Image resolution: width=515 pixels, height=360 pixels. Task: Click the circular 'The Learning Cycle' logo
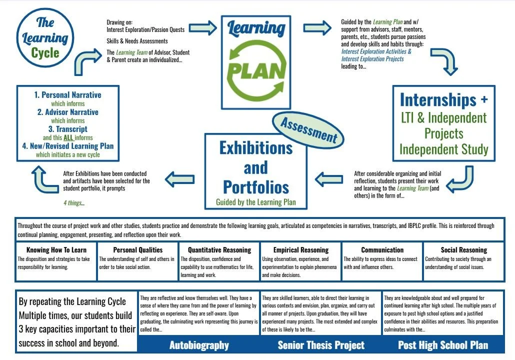click(45, 38)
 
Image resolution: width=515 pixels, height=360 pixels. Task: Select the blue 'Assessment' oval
click(308, 129)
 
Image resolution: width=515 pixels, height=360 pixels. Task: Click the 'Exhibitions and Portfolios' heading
click(256, 167)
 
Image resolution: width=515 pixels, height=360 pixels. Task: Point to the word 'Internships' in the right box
click(438, 100)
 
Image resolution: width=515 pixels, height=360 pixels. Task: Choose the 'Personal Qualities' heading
click(137, 250)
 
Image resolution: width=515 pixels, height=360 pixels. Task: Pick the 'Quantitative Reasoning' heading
click(219, 250)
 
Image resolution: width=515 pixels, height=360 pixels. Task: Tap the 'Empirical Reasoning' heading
click(300, 250)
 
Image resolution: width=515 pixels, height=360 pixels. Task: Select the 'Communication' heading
click(382, 250)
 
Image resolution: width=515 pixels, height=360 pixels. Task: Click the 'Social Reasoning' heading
click(463, 250)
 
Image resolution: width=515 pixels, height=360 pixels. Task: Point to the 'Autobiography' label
click(199, 345)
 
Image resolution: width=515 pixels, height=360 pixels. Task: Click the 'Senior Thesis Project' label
click(321, 345)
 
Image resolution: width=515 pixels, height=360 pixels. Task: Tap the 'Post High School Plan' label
click(443, 345)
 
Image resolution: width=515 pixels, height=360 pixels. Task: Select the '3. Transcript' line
click(68, 129)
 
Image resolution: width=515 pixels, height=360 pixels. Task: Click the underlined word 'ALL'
click(68, 137)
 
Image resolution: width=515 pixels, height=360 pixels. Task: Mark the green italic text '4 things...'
click(74, 203)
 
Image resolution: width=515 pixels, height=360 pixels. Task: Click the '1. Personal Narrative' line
click(68, 95)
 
